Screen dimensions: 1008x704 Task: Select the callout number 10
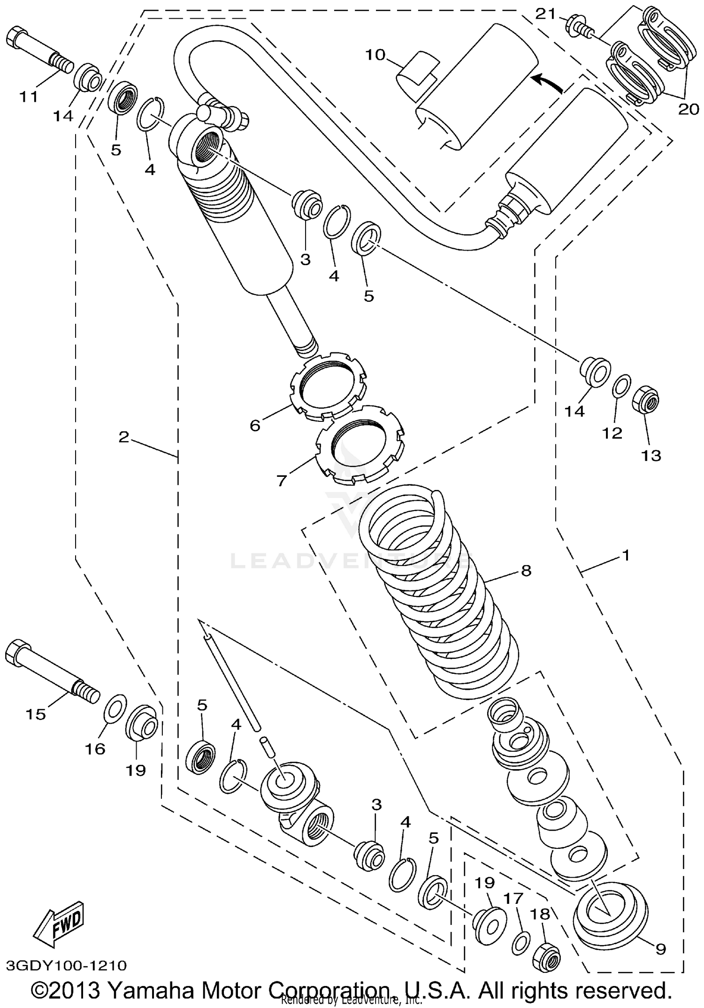click(x=375, y=55)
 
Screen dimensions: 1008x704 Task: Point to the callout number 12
click(x=612, y=433)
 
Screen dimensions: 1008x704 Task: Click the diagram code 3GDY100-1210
click(x=67, y=966)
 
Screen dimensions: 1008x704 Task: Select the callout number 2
click(x=123, y=437)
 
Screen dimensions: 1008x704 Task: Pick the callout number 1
click(x=625, y=556)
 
